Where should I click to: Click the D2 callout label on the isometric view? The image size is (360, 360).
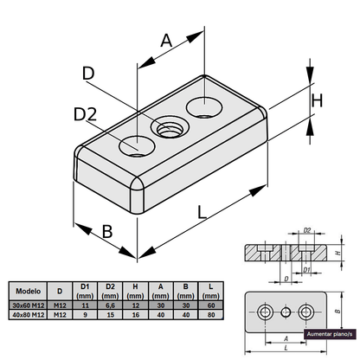coord(85,114)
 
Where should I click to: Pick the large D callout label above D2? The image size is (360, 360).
coord(88,75)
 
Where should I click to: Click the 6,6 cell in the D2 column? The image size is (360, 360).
coord(110,305)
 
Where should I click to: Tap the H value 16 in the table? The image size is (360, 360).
coord(135,314)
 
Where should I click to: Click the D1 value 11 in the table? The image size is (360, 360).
coord(85,305)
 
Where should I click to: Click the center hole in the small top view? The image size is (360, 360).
coord(286,311)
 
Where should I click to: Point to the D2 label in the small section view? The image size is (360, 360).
coord(306,231)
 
